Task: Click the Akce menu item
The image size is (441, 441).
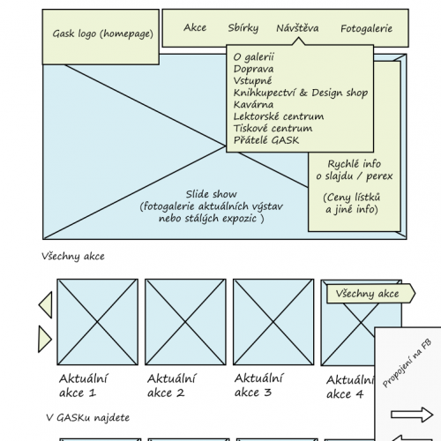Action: click(x=195, y=27)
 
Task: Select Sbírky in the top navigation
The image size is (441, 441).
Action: click(x=243, y=28)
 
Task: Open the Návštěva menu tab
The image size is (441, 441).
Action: click(x=297, y=28)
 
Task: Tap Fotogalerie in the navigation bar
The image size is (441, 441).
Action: click(x=366, y=29)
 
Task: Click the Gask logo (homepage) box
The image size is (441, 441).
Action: click(x=101, y=37)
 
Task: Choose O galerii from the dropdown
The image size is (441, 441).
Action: click(x=253, y=57)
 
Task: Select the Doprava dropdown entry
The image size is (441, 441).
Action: click(x=253, y=69)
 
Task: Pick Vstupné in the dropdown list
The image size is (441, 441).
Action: click(x=252, y=81)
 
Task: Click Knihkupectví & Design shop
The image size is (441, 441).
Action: click(x=301, y=93)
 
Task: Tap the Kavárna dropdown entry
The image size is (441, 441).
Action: click(x=253, y=105)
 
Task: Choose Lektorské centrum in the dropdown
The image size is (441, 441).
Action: click(x=279, y=116)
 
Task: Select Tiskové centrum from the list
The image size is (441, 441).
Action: click(x=273, y=129)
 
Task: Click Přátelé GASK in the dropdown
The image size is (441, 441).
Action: click(x=266, y=140)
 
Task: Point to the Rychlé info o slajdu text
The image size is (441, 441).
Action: click(x=355, y=170)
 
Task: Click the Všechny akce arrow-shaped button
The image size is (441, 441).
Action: click(x=370, y=294)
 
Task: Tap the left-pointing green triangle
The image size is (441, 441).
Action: click(x=47, y=305)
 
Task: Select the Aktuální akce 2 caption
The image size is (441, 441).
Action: click(x=171, y=385)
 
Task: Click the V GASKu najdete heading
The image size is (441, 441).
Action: click(x=88, y=417)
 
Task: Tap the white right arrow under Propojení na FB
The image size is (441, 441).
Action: click(x=412, y=415)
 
